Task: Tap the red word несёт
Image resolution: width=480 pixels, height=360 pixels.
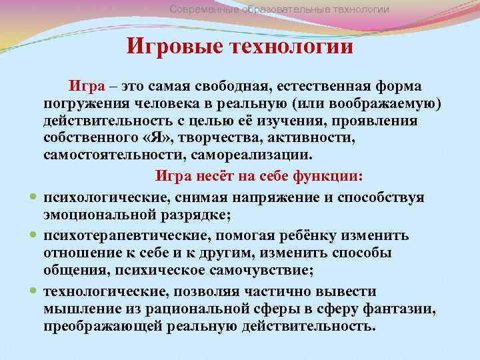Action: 211,177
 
